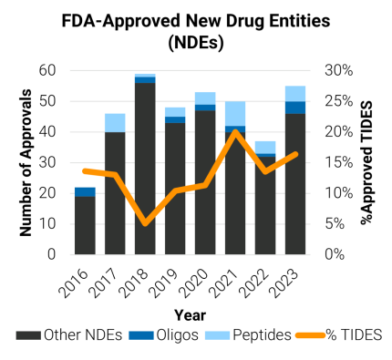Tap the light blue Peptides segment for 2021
pyautogui.click(x=234, y=113)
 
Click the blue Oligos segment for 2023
pyautogui.click(x=294, y=108)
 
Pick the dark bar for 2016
pyautogui.click(x=84, y=224)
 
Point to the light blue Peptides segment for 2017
pyautogui.click(x=114, y=122)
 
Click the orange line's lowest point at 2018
pyautogui.click(x=144, y=222)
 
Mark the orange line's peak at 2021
pyautogui.click(x=234, y=131)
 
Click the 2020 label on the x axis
pyautogui.click(x=199, y=277)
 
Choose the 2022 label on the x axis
pyautogui.click(x=259, y=277)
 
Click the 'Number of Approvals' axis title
pyautogui.click(x=26, y=162)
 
